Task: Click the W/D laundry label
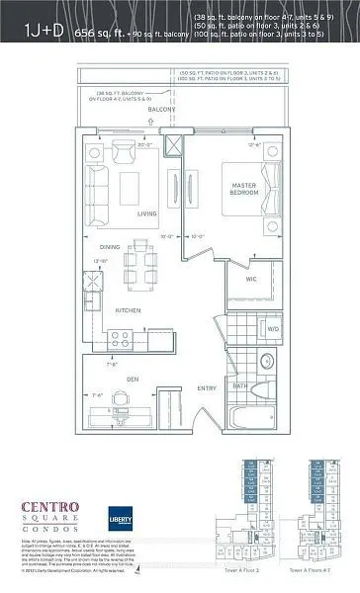coord(272,329)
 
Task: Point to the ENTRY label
coord(205,388)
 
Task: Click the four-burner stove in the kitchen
coord(122,338)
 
